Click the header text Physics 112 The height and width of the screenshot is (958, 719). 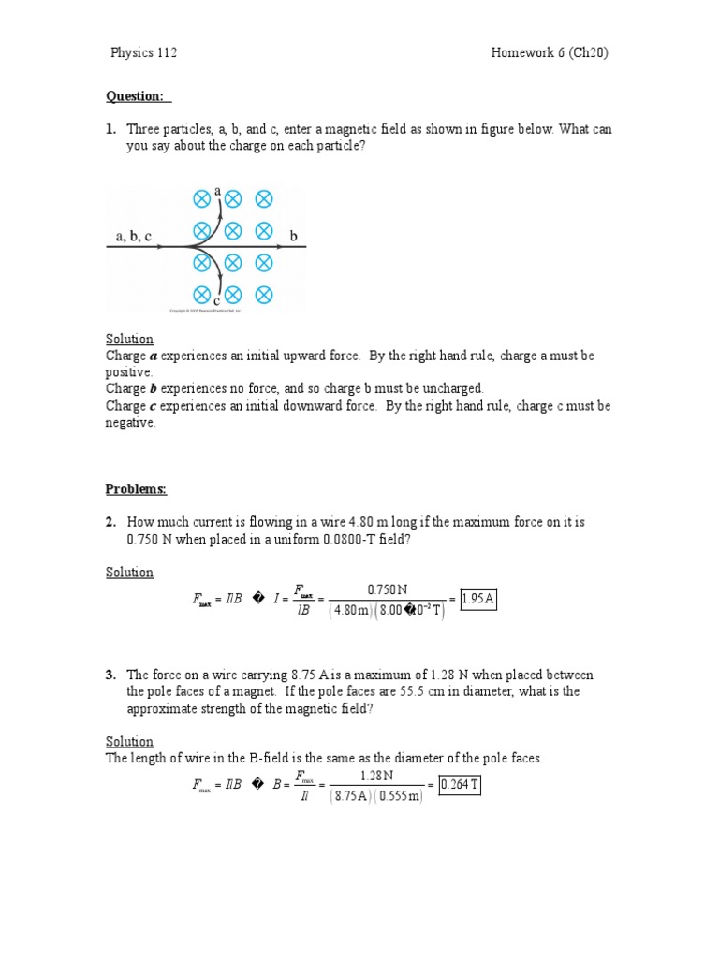click(143, 52)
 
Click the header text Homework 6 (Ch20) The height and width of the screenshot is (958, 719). click(550, 52)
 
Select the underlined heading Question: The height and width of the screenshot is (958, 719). click(138, 96)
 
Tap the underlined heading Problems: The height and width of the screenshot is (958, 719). click(136, 488)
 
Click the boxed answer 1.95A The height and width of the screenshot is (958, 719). click(478, 600)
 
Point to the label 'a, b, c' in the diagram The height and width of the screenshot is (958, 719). click(134, 237)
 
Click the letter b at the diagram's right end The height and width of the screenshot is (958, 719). click(293, 238)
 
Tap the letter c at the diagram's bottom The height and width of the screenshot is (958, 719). click(216, 301)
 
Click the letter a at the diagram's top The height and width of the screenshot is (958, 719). click(218, 191)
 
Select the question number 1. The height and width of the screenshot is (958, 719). click(110, 129)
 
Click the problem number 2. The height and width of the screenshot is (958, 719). click(110, 522)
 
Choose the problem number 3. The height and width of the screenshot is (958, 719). click(110, 675)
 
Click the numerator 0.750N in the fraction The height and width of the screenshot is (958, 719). click(387, 589)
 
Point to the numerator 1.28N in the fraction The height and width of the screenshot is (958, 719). click(376, 776)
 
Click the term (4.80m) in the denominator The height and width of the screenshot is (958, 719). click(352, 611)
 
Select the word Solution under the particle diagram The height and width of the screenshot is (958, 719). click(129, 339)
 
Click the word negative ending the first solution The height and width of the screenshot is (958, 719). click(130, 423)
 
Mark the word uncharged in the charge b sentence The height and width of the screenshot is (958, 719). click(451, 388)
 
